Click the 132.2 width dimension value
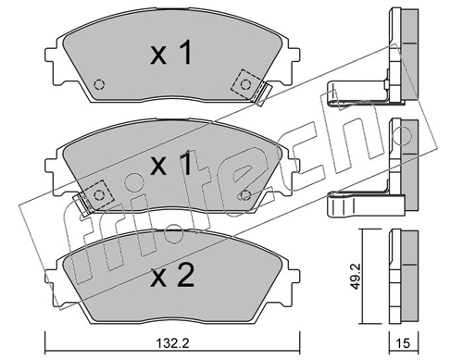click(x=172, y=343)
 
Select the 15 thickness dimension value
click(x=403, y=343)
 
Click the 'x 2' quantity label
click(x=172, y=276)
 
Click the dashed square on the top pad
click(x=246, y=84)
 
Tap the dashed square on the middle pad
click(x=98, y=195)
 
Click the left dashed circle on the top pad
click(x=99, y=84)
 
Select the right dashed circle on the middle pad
click(x=245, y=195)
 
